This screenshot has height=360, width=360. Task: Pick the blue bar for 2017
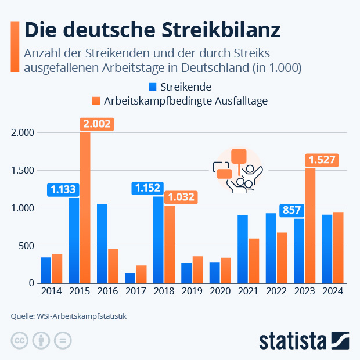tap(130, 278)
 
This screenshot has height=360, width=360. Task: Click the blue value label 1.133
tap(63, 189)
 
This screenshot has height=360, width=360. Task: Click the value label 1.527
tap(322, 160)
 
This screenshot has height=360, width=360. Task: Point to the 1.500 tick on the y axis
tap(23, 170)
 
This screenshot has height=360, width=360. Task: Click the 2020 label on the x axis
tap(220, 291)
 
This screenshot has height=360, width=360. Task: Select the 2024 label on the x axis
tap(333, 291)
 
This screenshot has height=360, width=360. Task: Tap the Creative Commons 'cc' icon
tap(20, 340)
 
